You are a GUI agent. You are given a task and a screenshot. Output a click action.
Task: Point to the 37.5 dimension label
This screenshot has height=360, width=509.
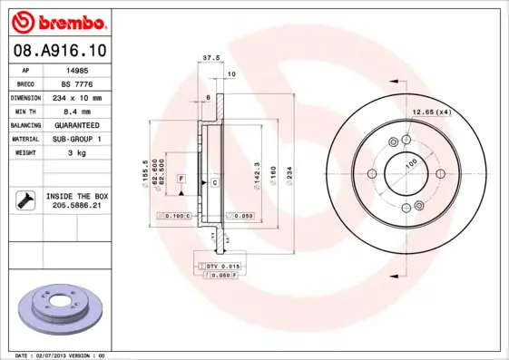pyautogui.click(x=210, y=56)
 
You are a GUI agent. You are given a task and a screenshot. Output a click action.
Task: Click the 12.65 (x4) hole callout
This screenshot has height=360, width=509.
pyautogui.click(x=432, y=112)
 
